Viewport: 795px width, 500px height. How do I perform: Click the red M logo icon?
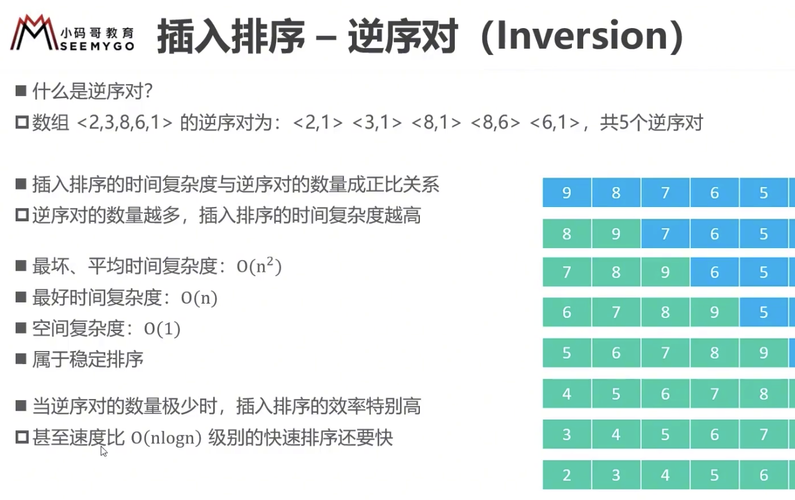coord(34,32)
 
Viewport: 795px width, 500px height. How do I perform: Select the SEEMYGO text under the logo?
coord(97,46)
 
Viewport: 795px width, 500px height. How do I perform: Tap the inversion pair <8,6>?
coord(495,123)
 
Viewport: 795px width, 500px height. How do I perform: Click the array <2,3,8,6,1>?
coord(124,123)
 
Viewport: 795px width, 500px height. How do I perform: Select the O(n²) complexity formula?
coord(259,266)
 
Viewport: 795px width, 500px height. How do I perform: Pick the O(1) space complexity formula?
coord(162,329)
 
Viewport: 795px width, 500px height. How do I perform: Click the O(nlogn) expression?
coord(166,438)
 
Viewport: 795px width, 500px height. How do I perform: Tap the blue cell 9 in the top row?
coord(567,193)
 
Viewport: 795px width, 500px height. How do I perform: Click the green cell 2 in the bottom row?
coord(567,475)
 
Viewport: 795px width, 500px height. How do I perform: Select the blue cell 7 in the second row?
coord(665,233)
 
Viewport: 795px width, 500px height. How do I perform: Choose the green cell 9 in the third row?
coord(665,272)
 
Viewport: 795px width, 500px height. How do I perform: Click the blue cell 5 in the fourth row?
coord(764,312)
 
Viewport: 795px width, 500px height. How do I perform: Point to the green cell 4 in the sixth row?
coord(567,393)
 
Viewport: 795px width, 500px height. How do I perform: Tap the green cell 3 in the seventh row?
coord(567,435)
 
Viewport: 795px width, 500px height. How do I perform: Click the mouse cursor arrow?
coord(103,451)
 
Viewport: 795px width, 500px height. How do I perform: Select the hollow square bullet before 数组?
coord(22,123)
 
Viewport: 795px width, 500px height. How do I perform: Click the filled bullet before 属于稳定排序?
coord(21,358)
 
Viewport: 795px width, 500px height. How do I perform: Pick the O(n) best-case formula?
coord(199,297)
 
